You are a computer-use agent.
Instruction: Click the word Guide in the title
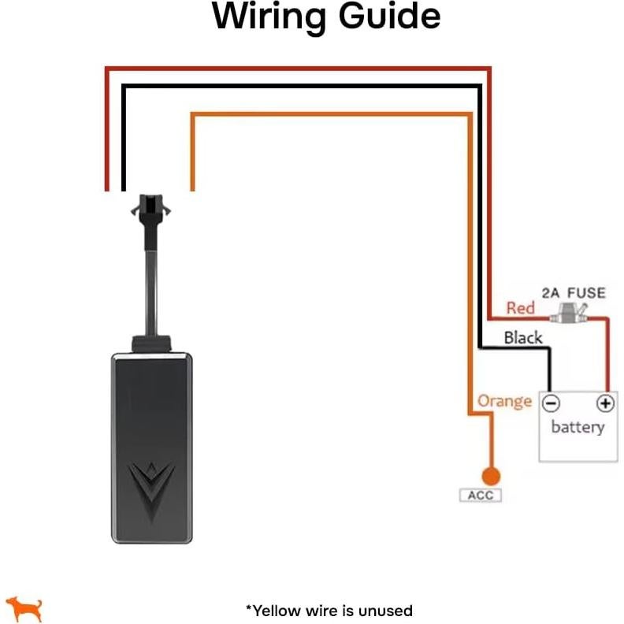[x=389, y=17]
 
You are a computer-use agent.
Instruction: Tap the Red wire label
[x=520, y=308]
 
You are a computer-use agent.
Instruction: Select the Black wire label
[x=523, y=338]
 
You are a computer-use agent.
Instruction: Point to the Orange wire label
[x=504, y=401]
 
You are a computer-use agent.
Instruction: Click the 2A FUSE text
[x=573, y=293]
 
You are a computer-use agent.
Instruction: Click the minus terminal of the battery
[x=551, y=403]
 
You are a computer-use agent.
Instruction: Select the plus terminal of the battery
[x=604, y=403]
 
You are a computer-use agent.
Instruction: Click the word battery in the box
[x=578, y=428]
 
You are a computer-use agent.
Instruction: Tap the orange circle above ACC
[x=491, y=476]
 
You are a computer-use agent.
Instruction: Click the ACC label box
[x=481, y=496]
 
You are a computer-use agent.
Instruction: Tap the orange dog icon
[x=24, y=607]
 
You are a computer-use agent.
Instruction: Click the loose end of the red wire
[x=106, y=186]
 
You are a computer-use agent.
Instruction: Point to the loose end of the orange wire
[x=192, y=186]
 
